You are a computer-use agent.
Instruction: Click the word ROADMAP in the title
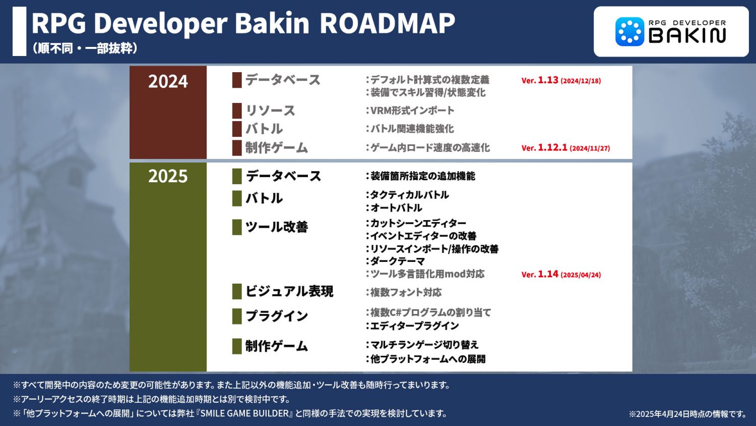point(388,23)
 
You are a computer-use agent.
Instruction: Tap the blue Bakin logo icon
point(629,31)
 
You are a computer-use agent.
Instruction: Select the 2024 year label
point(168,81)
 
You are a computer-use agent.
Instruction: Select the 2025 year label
point(168,176)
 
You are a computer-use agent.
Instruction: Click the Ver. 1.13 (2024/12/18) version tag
point(561,80)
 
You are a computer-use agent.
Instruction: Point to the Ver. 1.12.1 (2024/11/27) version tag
point(565,148)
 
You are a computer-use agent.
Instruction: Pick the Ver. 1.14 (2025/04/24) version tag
point(561,274)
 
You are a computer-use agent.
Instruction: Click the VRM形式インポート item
point(410,110)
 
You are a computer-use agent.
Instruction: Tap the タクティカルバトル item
point(407,195)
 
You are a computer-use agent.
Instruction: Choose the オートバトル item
point(394,207)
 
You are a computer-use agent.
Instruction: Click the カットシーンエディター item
point(416,223)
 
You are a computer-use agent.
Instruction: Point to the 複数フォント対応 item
point(404,292)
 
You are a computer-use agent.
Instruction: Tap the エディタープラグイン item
point(412,326)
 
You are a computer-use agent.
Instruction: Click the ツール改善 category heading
point(276,227)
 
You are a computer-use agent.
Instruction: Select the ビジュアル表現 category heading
point(289,291)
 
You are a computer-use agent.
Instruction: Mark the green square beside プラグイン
point(237,316)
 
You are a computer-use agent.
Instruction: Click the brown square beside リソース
point(237,111)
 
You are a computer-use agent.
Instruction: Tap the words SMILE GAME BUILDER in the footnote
point(244,413)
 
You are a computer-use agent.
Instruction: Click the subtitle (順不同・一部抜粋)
point(85,48)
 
